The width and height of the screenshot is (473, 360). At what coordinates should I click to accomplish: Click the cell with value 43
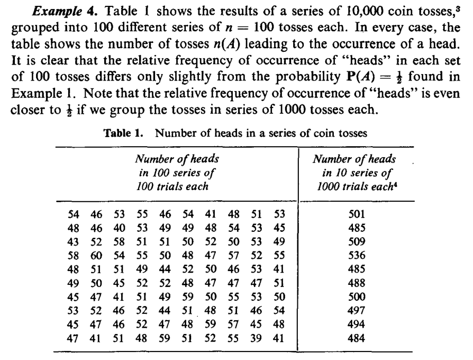click(x=74, y=241)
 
